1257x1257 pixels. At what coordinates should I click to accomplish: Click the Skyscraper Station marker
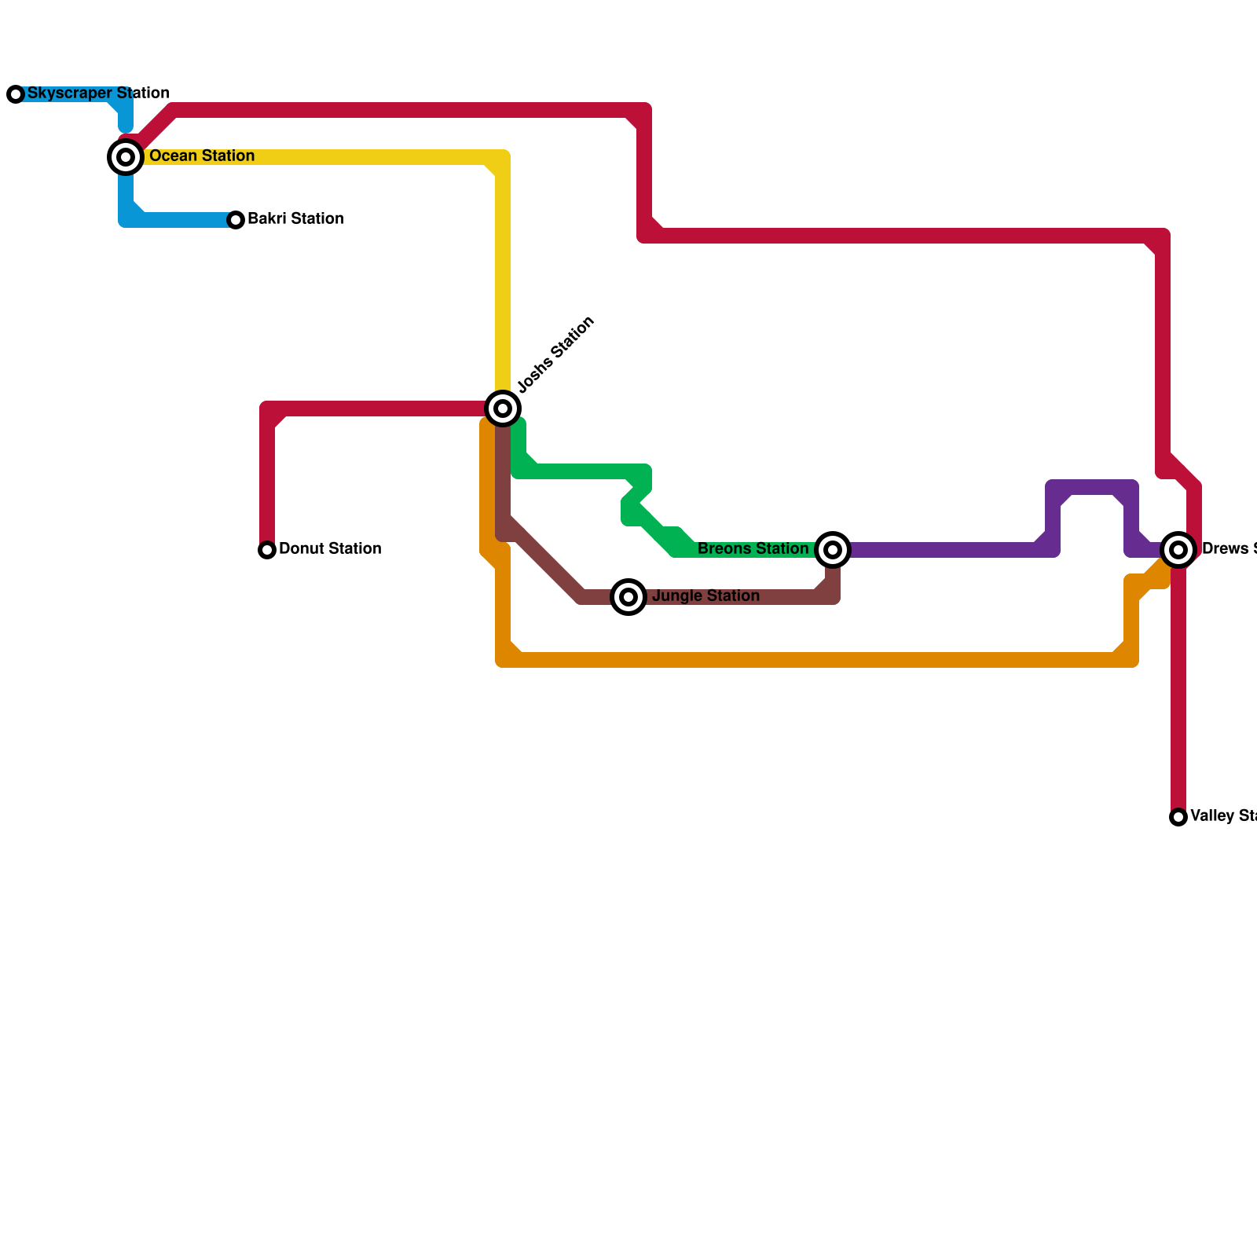[x=16, y=94]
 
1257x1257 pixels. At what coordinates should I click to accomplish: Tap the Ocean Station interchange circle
[x=126, y=157]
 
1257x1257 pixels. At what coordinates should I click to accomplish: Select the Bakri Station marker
[x=236, y=220]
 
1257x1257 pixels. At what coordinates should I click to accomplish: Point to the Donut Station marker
[x=267, y=550]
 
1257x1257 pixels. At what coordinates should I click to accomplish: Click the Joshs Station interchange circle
[x=503, y=409]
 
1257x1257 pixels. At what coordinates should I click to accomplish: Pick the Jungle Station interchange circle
[x=628, y=597]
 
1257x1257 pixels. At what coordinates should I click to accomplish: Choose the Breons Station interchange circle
[x=833, y=550]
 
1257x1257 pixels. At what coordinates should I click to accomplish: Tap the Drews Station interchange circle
[x=1178, y=550]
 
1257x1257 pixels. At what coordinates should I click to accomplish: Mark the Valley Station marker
[x=1178, y=817]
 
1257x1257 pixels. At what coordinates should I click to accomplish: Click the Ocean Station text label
[x=202, y=156]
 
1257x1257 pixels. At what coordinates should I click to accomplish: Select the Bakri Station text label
[x=295, y=219]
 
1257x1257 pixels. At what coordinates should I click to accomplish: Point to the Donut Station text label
[x=330, y=549]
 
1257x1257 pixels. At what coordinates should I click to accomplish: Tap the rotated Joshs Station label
[x=556, y=354]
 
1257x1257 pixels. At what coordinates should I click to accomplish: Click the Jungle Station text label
[x=705, y=596]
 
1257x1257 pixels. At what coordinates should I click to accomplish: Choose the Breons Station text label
[x=753, y=549]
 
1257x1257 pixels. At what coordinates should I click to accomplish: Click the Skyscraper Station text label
[x=98, y=93]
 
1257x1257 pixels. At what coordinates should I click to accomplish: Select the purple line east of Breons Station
[x=943, y=550]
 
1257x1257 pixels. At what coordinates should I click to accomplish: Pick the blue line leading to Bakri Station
[x=181, y=220]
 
